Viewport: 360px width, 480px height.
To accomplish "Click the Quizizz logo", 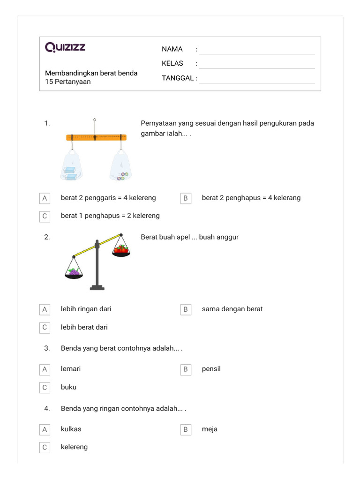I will (x=65, y=47).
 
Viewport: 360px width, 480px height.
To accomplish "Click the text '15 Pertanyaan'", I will (x=68, y=82).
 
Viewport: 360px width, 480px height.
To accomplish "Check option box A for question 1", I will (x=45, y=198).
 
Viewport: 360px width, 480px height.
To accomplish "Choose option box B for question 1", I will (x=186, y=198).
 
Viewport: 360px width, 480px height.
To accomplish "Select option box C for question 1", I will (x=45, y=216).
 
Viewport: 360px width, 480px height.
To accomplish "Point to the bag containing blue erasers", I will (x=71, y=167).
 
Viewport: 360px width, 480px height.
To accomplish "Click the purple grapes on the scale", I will (x=74, y=271).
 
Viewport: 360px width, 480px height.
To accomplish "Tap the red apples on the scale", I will (x=121, y=249).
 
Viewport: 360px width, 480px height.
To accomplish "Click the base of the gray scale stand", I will (x=97, y=288).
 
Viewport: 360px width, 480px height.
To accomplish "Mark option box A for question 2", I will (x=45, y=309).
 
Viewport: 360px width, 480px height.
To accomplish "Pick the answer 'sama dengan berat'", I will (x=232, y=309).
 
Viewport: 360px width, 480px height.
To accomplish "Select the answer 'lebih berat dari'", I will (x=84, y=327).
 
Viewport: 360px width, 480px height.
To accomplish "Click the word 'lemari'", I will (x=71, y=369).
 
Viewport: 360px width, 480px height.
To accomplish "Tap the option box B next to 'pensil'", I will (x=186, y=369).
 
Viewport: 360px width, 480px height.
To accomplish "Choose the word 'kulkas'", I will (x=71, y=429).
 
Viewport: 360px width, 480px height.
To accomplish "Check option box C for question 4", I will (x=45, y=447).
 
